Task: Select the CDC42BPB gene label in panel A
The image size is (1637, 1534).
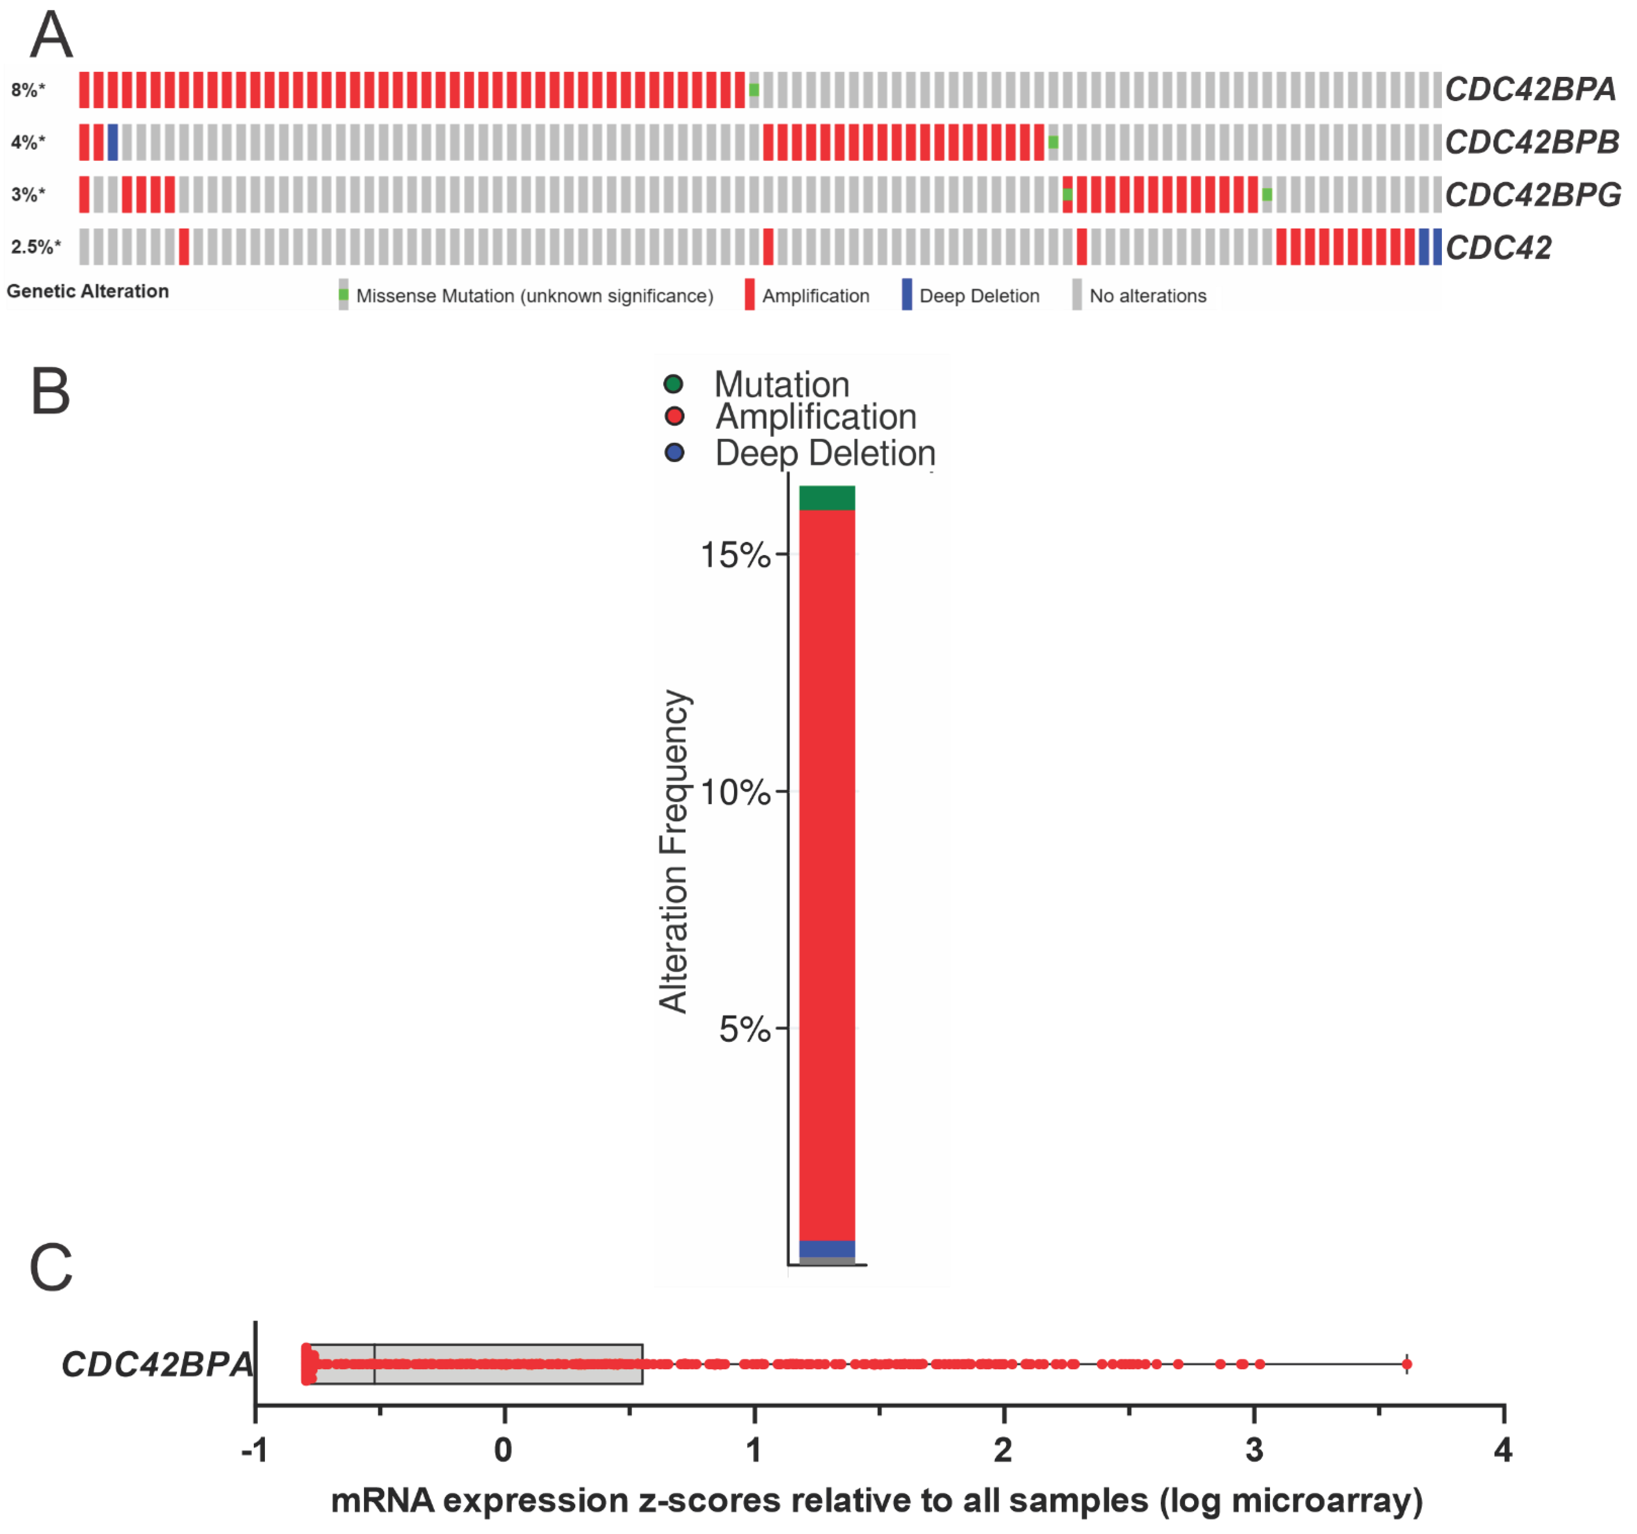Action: (x=1532, y=142)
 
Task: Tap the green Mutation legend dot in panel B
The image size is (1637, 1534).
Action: (x=674, y=384)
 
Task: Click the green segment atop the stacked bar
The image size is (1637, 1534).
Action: (x=827, y=498)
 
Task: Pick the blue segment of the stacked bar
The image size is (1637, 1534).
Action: (x=827, y=1248)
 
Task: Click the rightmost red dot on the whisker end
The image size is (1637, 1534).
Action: (x=1406, y=1364)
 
